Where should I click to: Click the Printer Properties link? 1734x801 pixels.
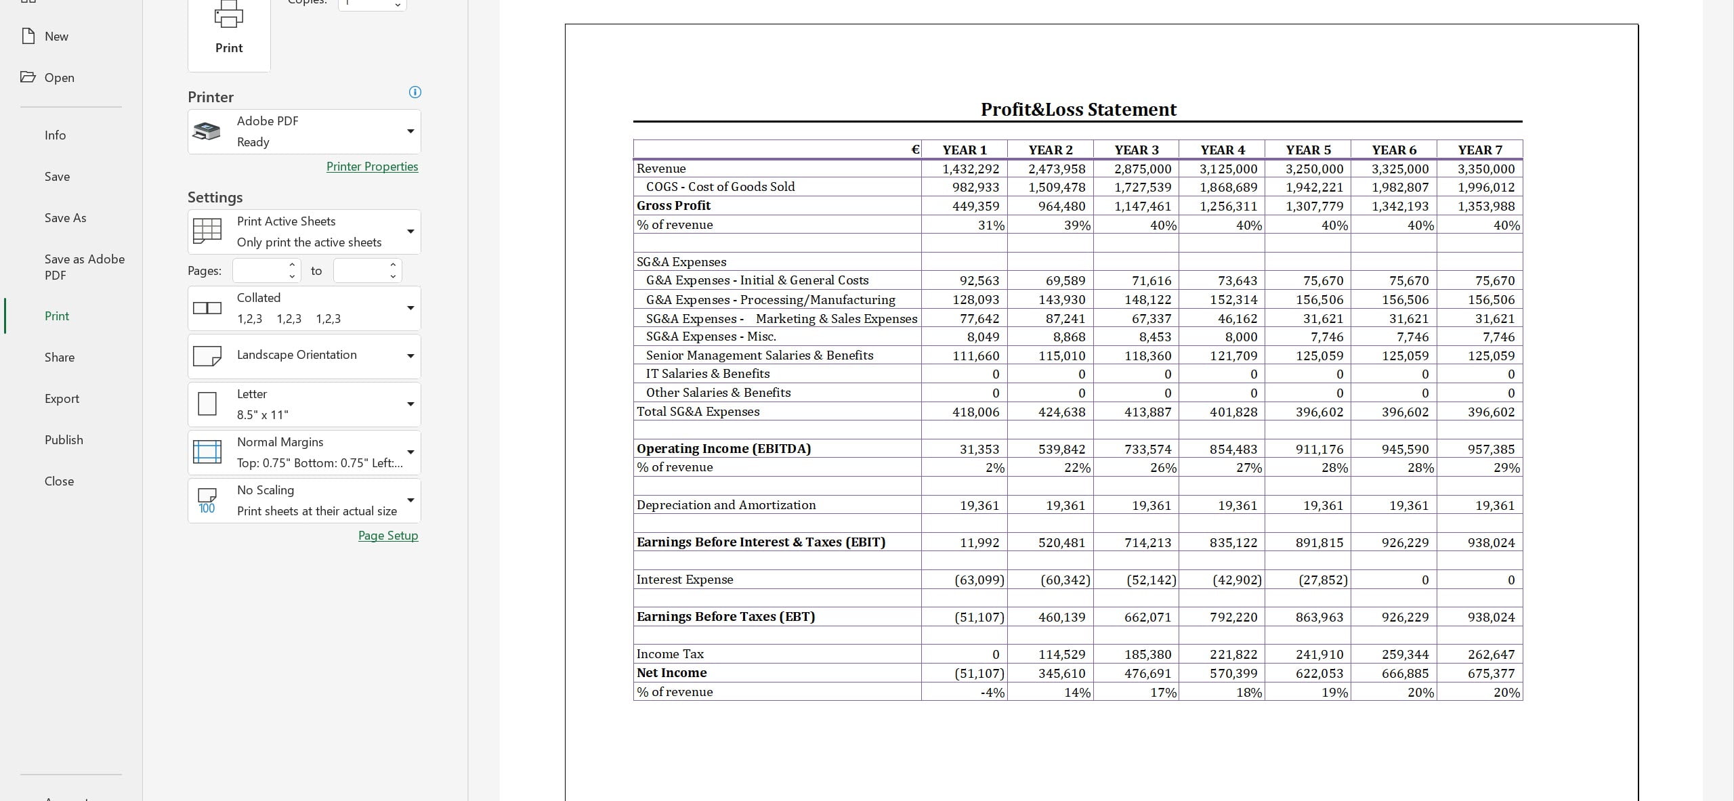point(372,167)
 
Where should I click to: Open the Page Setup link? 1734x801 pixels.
point(387,536)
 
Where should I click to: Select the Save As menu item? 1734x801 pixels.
point(65,218)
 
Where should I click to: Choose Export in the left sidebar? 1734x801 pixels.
point(62,399)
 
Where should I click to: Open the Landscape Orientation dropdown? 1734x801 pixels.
point(304,355)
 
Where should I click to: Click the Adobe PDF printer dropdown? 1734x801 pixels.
point(304,131)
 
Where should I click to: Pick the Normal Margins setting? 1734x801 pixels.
point(304,452)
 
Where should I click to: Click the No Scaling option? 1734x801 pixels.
point(304,500)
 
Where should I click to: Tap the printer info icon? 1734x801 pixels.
point(415,92)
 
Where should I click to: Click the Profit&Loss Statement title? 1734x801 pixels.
point(1078,110)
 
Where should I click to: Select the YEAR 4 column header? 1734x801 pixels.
point(1223,150)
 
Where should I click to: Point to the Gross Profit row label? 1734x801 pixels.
point(673,206)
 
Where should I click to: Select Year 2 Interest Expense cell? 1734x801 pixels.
point(1065,580)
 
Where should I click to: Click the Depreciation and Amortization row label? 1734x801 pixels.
point(726,505)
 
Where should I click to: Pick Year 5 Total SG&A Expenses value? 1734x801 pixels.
point(1319,412)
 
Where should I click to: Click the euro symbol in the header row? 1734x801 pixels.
point(914,150)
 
